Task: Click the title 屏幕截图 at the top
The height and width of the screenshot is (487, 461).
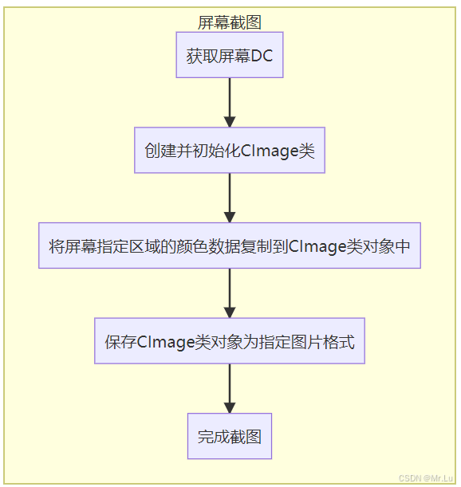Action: pos(230,22)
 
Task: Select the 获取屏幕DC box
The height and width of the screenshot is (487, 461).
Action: pos(230,56)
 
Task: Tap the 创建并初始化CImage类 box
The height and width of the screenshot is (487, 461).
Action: pos(230,151)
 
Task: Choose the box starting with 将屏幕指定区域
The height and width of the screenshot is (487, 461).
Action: pos(230,246)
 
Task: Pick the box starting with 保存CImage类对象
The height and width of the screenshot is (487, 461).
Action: pos(230,342)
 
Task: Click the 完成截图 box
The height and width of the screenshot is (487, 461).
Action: pos(230,436)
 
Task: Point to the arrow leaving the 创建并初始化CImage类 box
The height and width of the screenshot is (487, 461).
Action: pos(230,198)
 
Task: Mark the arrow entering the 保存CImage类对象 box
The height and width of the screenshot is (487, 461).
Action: pos(230,293)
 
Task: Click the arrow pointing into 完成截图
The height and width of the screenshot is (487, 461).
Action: pos(230,388)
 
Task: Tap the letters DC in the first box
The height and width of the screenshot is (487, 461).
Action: pos(262,56)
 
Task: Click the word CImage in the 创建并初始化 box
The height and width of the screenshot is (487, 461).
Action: pos(269,151)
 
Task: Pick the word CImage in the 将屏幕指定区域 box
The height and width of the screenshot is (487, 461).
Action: pos(317,246)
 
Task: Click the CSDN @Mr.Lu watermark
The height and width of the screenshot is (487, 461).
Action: pos(427,477)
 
